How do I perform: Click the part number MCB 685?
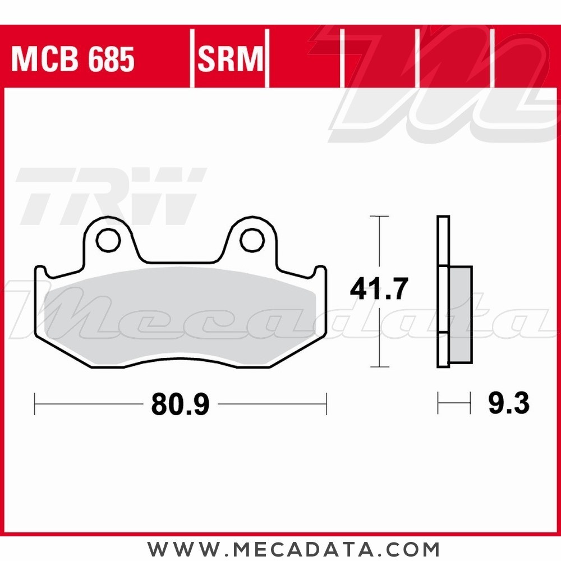[73, 59]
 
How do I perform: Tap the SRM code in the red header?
[230, 59]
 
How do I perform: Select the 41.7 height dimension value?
[377, 288]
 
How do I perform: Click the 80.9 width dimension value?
[180, 404]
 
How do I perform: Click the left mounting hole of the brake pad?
[108, 241]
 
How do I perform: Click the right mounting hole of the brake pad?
[252, 241]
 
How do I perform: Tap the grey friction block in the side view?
[461, 314]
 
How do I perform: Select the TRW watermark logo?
[109, 196]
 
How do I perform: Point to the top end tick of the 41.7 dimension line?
[380, 216]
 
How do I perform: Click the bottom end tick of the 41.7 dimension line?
[380, 367]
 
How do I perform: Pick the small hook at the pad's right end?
[320, 273]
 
